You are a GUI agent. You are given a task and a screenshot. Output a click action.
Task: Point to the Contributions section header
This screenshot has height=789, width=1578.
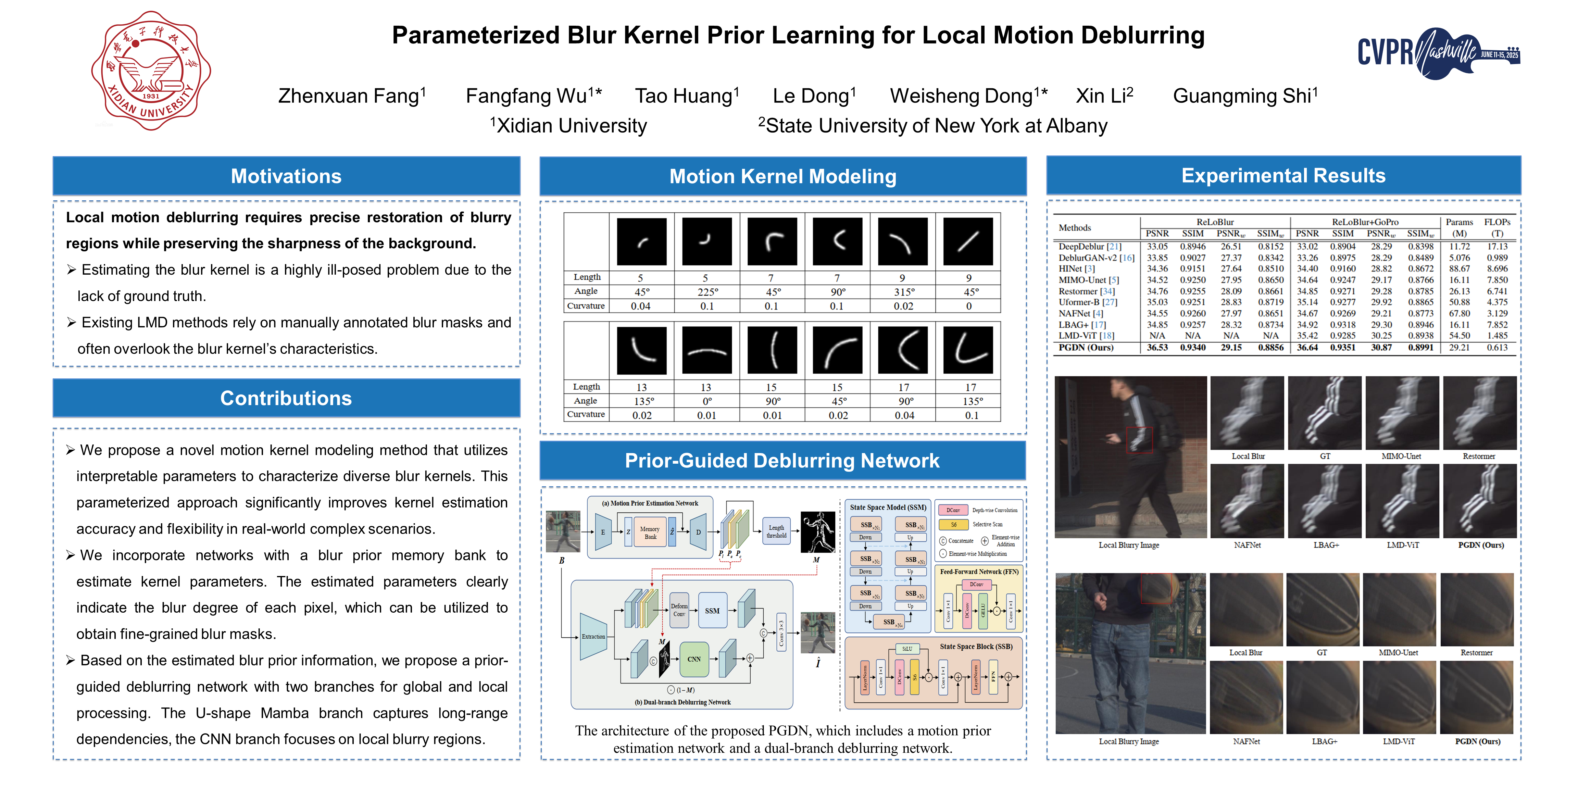[x=286, y=398]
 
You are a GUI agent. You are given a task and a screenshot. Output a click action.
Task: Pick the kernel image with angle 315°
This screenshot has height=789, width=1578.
[x=902, y=241]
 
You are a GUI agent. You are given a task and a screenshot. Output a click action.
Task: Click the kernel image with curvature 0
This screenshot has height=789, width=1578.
[x=968, y=241]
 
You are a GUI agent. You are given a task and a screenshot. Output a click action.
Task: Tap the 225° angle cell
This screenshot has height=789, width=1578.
[x=707, y=291]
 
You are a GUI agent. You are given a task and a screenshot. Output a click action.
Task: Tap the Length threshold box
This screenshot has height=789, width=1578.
[x=776, y=531]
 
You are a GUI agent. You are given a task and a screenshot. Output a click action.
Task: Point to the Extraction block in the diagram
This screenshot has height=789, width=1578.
[x=593, y=637]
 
